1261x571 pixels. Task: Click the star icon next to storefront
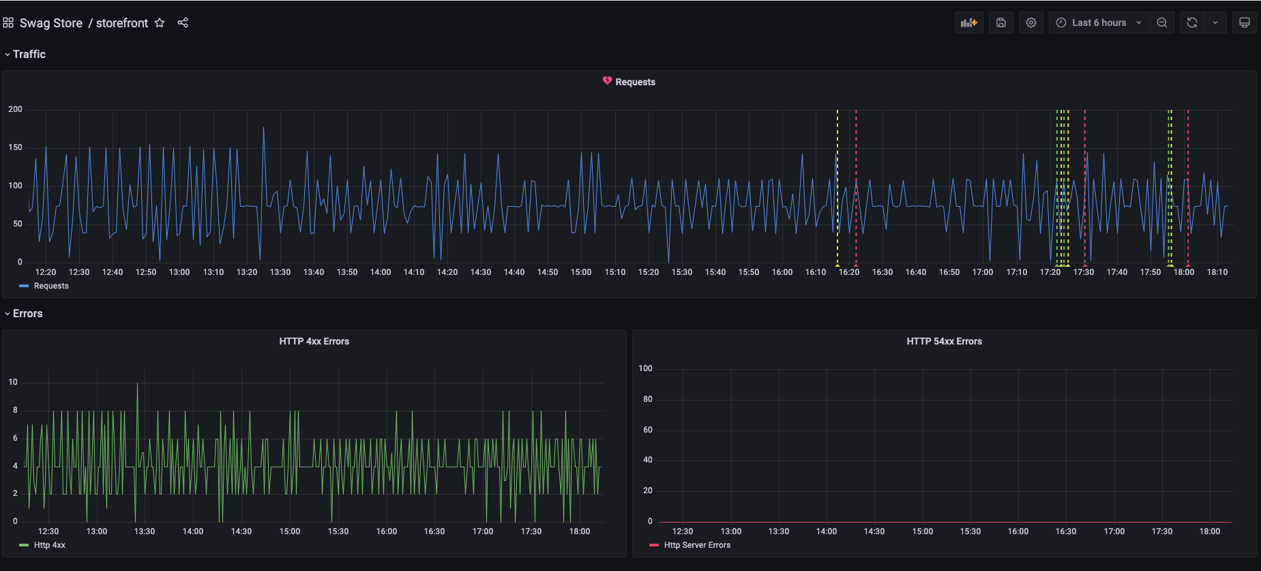[160, 23]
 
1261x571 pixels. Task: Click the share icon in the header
[183, 23]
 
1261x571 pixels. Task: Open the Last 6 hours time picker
[1099, 23]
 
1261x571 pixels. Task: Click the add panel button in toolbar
[968, 23]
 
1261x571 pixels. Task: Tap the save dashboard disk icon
[1000, 23]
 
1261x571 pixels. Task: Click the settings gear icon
[1030, 23]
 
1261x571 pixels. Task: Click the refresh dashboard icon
[1191, 23]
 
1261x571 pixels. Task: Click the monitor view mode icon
[1244, 23]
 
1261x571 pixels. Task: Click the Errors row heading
[27, 314]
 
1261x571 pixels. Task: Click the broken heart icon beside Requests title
[607, 81]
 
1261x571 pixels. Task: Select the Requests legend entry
[51, 286]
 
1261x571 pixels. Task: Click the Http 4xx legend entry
[49, 545]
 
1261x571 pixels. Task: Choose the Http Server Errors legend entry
[696, 545]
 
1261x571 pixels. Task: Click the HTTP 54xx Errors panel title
[944, 341]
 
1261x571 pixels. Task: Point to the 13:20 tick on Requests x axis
[247, 272]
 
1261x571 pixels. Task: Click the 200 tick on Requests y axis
[15, 109]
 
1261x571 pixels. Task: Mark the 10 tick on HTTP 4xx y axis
[13, 382]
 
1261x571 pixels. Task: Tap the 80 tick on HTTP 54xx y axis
[647, 399]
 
